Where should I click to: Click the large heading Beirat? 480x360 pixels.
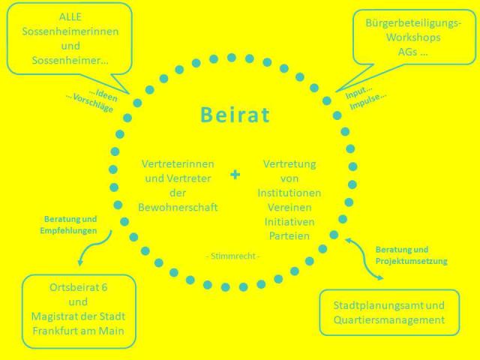pos(235,115)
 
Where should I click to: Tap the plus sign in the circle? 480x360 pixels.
pos(235,175)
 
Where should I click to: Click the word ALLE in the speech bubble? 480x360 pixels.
pos(70,16)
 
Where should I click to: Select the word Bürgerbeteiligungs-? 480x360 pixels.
pos(413,23)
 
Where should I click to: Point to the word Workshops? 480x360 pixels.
pos(413,37)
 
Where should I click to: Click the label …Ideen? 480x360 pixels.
pos(103,95)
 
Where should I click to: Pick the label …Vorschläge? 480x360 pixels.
pos(89,103)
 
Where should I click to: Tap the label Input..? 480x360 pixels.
pos(358,92)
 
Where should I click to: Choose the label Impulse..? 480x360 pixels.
pos(368,101)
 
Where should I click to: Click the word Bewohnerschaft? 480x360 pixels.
pos(178,207)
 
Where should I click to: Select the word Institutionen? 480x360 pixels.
pos(289,193)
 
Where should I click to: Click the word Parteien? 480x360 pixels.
pos(289,235)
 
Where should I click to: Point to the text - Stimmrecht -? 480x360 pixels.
pos(233,256)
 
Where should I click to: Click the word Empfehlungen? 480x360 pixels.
pos(68,230)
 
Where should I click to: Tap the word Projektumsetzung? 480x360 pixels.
pos(412,261)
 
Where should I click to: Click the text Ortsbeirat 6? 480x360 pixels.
pos(78,287)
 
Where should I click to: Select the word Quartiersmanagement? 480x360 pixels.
pos(389,320)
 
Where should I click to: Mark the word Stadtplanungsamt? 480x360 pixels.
pos(378,305)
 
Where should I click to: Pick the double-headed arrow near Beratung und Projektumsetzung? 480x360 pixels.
pos(364,259)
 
